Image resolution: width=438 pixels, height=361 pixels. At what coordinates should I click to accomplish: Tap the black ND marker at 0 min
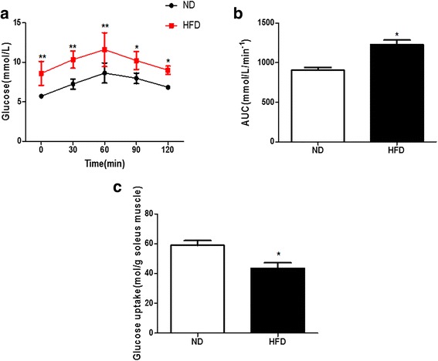[41, 96]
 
